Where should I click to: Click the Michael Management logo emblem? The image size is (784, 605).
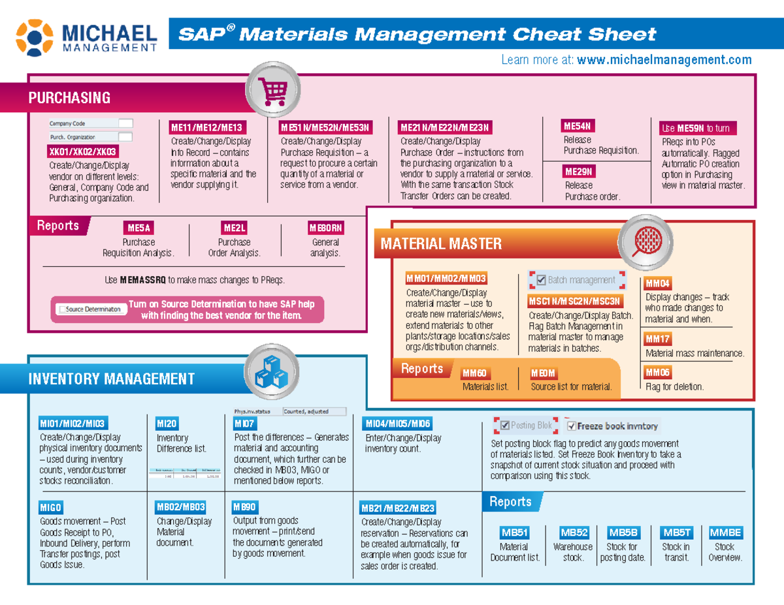point(35,37)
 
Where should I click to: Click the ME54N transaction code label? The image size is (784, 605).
point(578,126)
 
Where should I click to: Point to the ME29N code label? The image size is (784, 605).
point(578,172)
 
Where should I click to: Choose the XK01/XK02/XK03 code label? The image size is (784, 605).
point(83,152)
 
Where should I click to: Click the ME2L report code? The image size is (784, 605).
point(234,228)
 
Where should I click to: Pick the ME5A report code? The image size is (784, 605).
point(139,228)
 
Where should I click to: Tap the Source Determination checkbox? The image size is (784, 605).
point(62,309)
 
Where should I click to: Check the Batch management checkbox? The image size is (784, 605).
point(540,281)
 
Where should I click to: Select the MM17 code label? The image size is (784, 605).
point(657,339)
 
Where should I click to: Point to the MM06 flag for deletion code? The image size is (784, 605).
point(657,373)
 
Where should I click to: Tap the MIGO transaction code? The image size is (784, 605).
point(51,507)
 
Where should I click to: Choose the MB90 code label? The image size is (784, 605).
point(245,506)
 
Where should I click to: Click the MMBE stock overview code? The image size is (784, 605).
point(725,533)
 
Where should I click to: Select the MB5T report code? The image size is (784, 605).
point(676,533)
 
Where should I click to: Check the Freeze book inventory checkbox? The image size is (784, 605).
point(572,426)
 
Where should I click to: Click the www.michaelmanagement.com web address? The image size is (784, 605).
point(664,60)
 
